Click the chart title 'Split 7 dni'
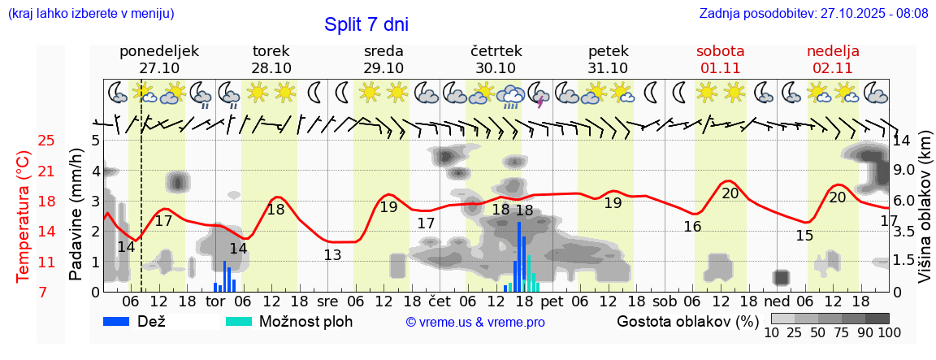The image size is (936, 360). click(366, 24)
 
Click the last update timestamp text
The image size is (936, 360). click(813, 14)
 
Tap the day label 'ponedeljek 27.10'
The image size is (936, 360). click(159, 59)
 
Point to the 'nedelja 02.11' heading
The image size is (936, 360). click(833, 59)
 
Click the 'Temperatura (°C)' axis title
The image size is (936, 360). click(24, 216)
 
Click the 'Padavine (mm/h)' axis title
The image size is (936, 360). click(77, 215)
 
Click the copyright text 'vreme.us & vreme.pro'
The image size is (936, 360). click(474, 323)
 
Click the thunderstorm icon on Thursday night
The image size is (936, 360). click(539, 93)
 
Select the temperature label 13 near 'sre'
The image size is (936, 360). click(332, 254)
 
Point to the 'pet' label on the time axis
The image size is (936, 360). click(552, 301)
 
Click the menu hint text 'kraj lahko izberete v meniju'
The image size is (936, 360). click(90, 14)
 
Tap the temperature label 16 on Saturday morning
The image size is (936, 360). click(692, 227)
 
